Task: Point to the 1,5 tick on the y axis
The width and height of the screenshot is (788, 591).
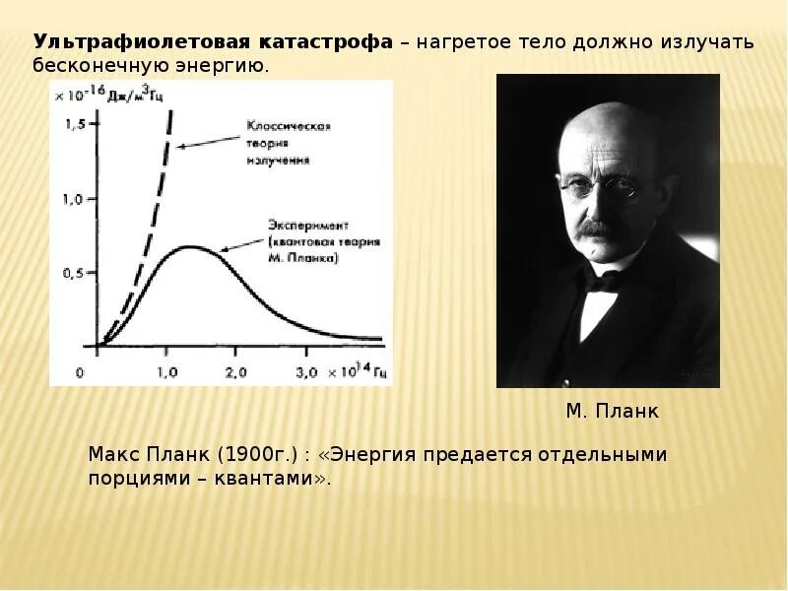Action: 74,124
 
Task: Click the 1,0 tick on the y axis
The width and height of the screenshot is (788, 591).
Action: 74,199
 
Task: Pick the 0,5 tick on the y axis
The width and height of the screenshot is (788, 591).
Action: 74,273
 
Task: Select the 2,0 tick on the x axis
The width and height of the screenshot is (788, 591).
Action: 235,372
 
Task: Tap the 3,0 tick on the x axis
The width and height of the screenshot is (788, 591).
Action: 306,372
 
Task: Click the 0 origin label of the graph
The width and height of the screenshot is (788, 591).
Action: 81,372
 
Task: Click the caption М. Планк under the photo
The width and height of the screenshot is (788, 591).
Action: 612,412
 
